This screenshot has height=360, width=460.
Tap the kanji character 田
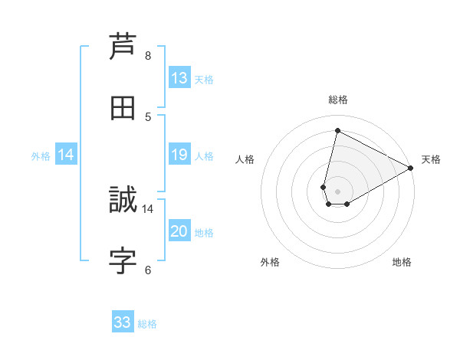point(123,107)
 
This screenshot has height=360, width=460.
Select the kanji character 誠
point(123,200)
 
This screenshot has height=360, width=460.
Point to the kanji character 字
point(123,261)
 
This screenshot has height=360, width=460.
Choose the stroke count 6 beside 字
point(148,270)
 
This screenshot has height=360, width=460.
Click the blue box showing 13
point(179,78)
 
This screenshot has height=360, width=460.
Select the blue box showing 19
point(179,155)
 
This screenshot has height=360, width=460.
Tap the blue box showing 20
point(179,231)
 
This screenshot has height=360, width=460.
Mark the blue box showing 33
point(123,322)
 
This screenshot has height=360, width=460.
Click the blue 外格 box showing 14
point(66,155)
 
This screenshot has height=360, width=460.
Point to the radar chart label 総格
point(338,100)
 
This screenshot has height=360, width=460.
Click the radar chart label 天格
point(431,159)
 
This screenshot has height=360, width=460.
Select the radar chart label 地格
point(402,262)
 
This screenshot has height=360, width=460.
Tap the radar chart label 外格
point(270,262)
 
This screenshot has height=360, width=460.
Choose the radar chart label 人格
point(245,159)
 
